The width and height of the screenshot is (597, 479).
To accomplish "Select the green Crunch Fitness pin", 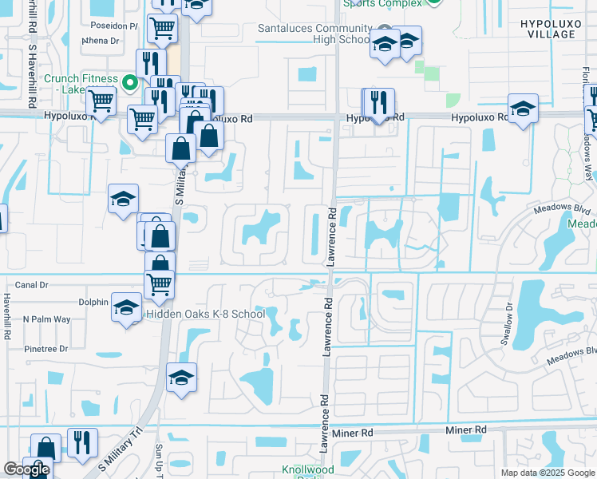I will (131, 81).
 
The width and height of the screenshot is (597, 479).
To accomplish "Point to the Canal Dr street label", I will (32, 284).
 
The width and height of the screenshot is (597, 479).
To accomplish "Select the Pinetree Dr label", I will (45, 349).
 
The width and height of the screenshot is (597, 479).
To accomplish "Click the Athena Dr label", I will (101, 40).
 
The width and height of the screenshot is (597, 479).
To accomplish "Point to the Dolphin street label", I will (93, 302).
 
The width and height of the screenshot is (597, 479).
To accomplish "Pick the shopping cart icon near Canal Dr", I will (160, 283).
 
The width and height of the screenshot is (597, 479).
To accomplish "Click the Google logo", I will (26, 469).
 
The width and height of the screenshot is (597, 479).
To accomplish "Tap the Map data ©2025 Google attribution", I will (548, 473).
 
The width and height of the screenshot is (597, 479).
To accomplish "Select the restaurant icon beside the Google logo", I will (81, 441).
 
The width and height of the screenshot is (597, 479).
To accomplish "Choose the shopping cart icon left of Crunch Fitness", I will (101, 101).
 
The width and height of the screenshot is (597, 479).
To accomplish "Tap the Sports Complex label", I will (383, 3).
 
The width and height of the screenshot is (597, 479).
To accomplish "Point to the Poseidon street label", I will (111, 26).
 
